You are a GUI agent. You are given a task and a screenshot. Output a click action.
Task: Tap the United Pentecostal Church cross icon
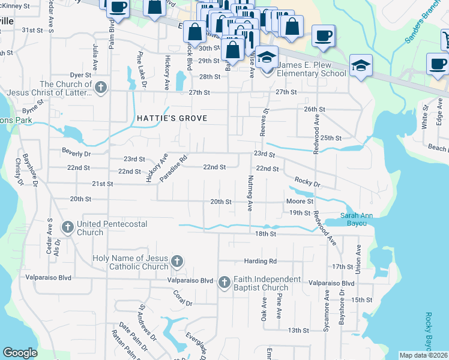pos(68,227)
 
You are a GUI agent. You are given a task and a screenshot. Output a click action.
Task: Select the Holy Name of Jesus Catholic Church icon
pos(176,261)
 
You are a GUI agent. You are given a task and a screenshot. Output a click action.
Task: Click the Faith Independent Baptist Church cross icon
pos(224,282)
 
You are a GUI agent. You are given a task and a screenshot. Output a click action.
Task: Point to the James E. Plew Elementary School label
pos(312,69)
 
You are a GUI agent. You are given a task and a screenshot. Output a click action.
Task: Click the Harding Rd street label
pos(260,261)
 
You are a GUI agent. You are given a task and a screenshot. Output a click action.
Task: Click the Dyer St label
pos(80,75)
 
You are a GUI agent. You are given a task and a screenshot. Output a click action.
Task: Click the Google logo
pos(20,353)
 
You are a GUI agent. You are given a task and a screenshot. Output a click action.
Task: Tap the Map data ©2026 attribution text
pos(424,355)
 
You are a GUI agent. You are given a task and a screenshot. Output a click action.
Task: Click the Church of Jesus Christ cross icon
pos(101,88)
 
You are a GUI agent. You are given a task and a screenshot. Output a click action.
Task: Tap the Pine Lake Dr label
pos(142,71)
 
